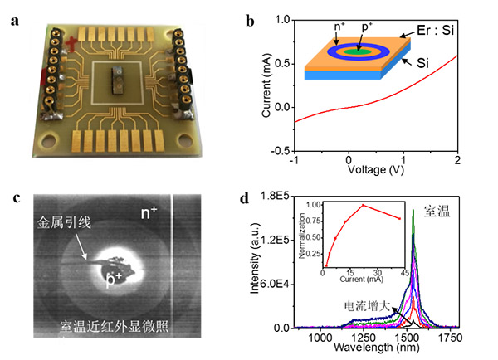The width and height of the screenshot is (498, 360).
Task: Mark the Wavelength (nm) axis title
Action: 384,351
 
